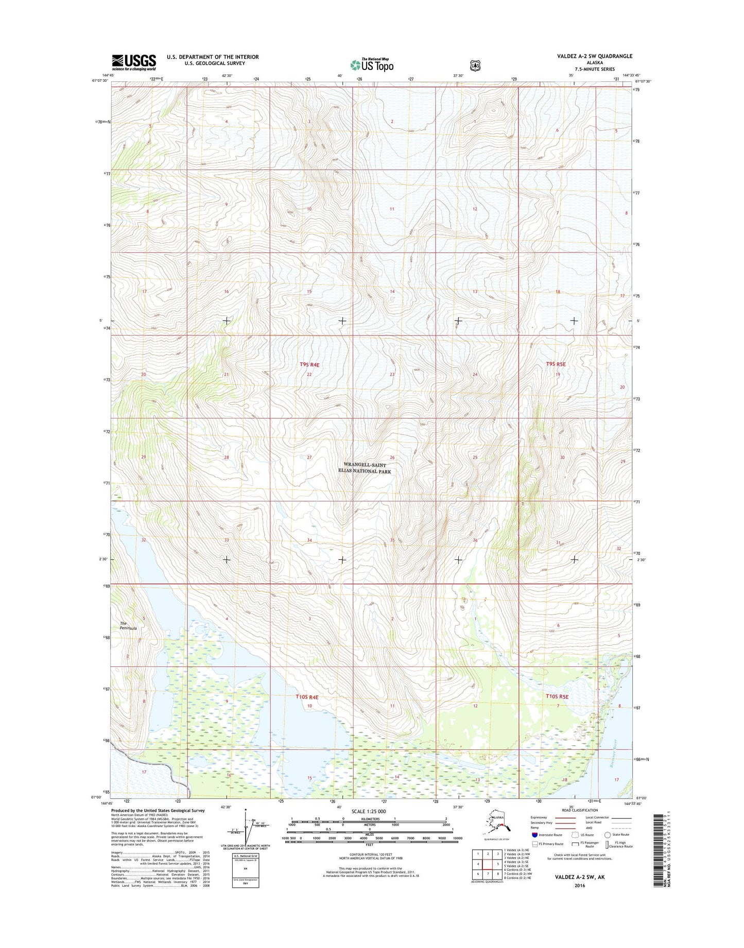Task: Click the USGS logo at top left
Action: (x=134, y=62)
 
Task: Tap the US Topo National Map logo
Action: (x=372, y=64)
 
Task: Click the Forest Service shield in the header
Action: (x=475, y=65)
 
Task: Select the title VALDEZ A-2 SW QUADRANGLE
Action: (x=594, y=56)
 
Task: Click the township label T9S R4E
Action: (x=309, y=365)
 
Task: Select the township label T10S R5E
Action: (x=557, y=696)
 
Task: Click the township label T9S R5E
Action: (x=556, y=364)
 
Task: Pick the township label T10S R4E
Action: (x=307, y=697)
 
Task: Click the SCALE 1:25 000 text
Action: (x=369, y=812)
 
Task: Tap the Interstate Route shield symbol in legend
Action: (x=535, y=835)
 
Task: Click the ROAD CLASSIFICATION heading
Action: (x=576, y=810)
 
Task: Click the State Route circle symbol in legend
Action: (x=608, y=835)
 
